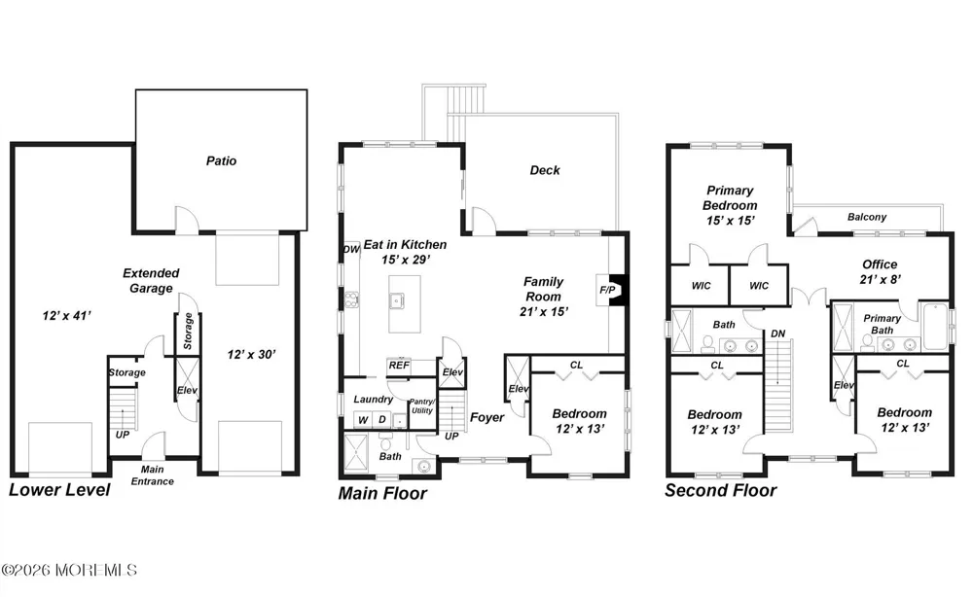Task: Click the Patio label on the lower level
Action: pyautogui.click(x=221, y=161)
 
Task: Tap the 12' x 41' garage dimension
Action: pyautogui.click(x=66, y=316)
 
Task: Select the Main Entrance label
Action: pyautogui.click(x=152, y=475)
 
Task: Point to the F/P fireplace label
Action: pyautogui.click(x=607, y=290)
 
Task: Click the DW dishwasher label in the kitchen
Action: pyautogui.click(x=351, y=249)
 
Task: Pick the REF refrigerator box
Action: pyautogui.click(x=399, y=366)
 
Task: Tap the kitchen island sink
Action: pyautogui.click(x=397, y=301)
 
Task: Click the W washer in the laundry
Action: pyautogui.click(x=363, y=420)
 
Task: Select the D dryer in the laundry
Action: pyautogui.click(x=382, y=420)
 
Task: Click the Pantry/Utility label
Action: pyautogui.click(x=422, y=406)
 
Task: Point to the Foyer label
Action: pyautogui.click(x=487, y=417)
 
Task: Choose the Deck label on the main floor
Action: pyautogui.click(x=545, y=170)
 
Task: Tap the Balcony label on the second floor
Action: pyautogui.click(x=867, y=217)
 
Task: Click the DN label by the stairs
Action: pyautogui.click(x=778, y=334)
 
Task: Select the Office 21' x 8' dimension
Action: pyautogui.click(x=880, y=280)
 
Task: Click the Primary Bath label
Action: pyautogui.click(x=882, y=324)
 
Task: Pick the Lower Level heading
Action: pyautogui.click(x=59, y=490)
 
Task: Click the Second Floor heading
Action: pyautogui.click(x=720, y=490)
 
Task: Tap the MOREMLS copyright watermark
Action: pyautogui.click(x=69, y=570)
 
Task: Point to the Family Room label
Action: pyautogui.click(x=544, y=289)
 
